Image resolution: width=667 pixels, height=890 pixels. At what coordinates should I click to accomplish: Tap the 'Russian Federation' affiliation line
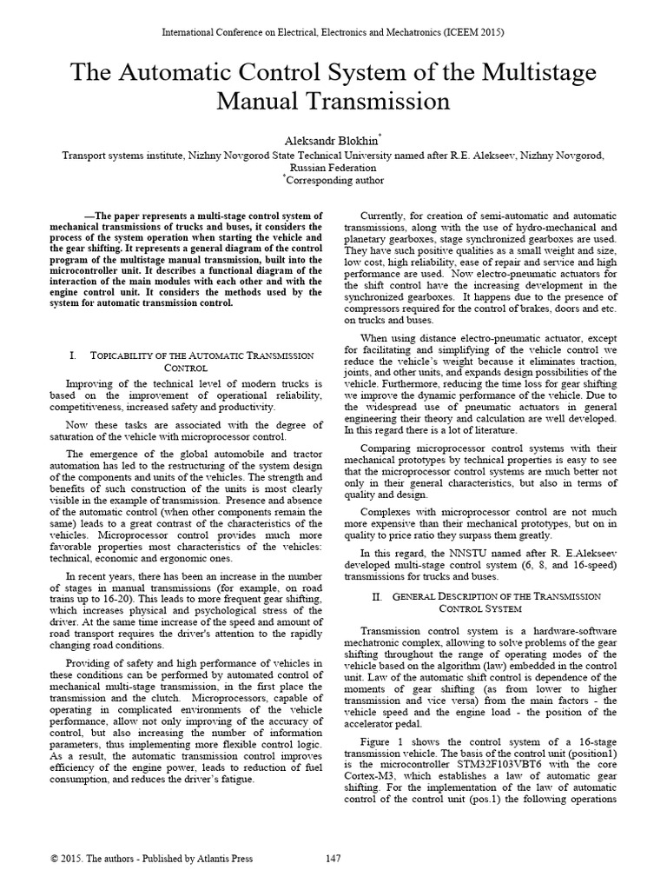point(333,168)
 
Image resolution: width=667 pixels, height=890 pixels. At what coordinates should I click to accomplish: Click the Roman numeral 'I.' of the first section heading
point(72,355)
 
